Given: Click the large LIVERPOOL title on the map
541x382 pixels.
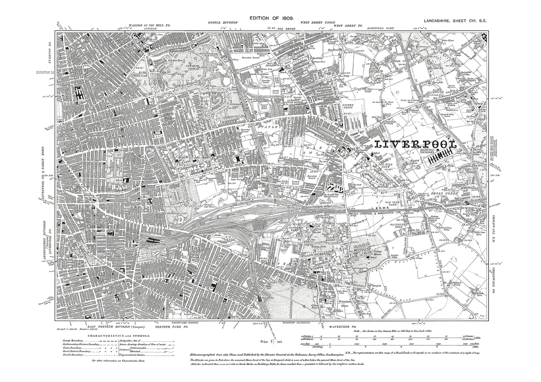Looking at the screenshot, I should (x=416, y=144).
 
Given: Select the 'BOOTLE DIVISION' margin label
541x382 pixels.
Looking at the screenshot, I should (x=223, y=23).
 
